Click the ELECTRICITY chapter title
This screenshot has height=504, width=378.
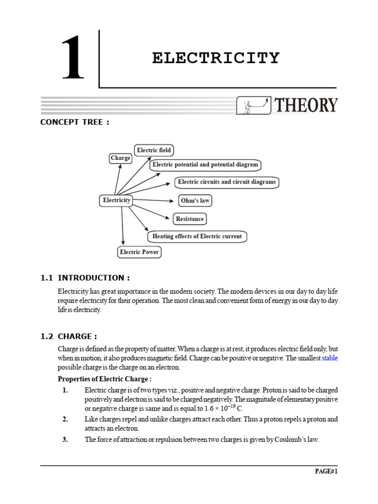point(216,58)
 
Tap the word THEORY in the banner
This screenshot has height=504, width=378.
point(306,105)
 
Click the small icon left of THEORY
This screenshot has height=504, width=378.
point(254,105)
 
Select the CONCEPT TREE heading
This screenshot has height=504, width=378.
point(74,123)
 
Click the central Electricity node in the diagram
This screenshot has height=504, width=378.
point(117,200)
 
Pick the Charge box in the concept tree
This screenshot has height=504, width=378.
point(121,158)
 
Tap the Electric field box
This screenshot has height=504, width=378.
point(154,150)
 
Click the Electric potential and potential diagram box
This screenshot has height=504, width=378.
point(205,165)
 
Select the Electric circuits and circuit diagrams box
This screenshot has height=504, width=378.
point(227,182)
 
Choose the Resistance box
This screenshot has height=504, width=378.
point(189,219)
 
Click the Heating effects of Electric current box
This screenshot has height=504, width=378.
point(197,236)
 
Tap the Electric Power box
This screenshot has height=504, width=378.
point(140,252)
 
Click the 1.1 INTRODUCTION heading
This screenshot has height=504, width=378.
point(85,278)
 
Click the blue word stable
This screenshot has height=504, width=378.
point(330,358)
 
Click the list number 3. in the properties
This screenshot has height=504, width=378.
point(65,440)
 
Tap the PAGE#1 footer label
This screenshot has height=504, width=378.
point(326,471)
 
